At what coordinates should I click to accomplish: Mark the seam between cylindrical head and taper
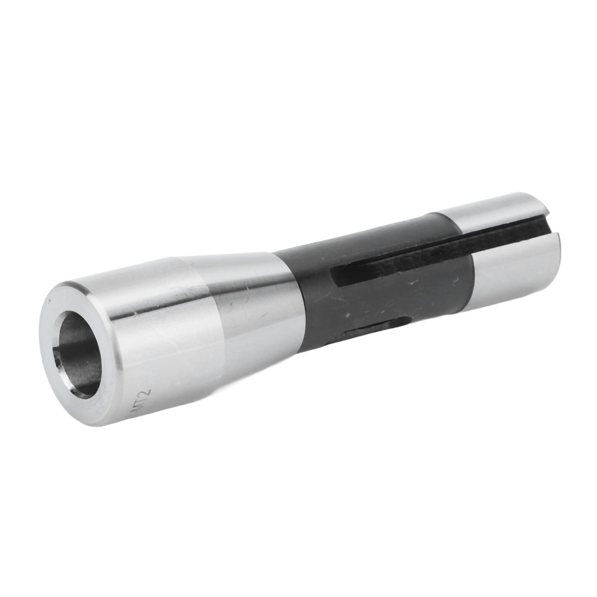pyautogui.click(x=209, y=310)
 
